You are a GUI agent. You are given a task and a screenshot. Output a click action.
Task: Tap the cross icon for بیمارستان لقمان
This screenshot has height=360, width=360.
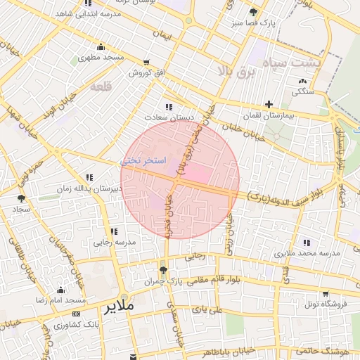[x=269, y=104]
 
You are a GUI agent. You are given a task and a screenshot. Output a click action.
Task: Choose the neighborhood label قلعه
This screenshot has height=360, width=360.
[x=101, y=86]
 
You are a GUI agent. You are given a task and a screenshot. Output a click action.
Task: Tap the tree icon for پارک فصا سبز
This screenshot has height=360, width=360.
[x=253, y=12]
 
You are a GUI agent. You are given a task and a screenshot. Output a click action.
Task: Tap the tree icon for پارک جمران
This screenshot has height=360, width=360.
[x=164, y=271]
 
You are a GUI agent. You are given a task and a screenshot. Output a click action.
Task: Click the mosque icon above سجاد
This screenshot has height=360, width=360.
[x=21, y=199]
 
